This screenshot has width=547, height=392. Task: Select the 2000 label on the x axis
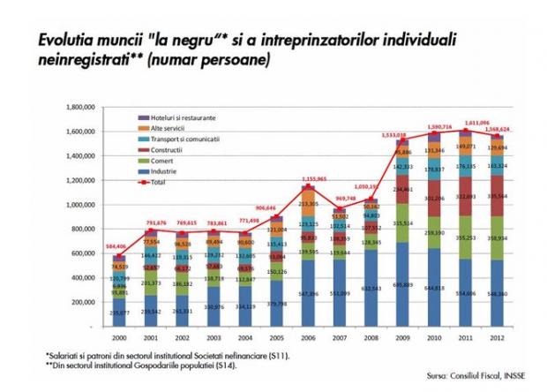click(119, 339)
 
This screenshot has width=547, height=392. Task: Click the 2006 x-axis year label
click(308, 339)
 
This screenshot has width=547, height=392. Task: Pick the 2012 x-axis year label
click(498, 339)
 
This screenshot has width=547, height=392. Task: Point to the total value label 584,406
click(117, 247)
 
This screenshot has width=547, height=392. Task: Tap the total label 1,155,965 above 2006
click(310, 179)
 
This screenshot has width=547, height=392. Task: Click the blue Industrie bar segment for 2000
click(119, 313)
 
